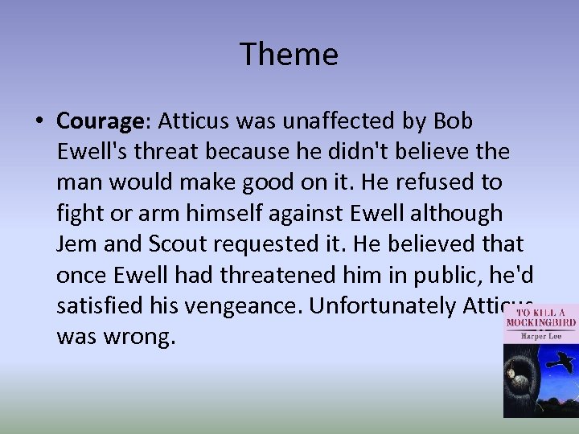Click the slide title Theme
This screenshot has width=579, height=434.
[289, 55]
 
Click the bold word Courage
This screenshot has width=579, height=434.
[98, 121]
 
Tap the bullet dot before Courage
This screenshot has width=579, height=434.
[39, 121]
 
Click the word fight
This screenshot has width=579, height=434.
[77, 213]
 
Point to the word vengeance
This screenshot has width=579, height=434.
[237, 305]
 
